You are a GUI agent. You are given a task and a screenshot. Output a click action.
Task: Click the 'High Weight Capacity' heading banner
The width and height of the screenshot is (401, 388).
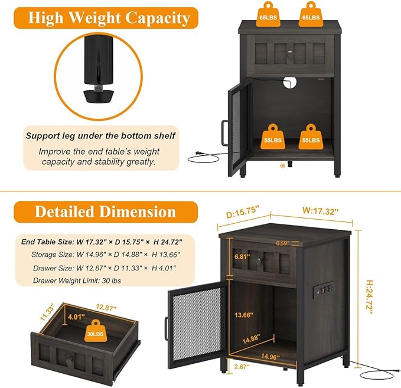(x=106, y=18)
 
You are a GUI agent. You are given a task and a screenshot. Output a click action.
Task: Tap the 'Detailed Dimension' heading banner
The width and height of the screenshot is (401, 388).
(x=106, y=212)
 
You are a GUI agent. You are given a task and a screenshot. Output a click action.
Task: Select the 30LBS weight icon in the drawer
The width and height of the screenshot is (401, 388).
(x=96, y=331)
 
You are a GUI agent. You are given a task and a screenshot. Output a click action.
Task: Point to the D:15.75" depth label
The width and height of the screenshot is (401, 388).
(x=243, y=213)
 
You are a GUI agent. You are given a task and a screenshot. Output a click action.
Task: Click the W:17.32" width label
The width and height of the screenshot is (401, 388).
(x=321, y=211)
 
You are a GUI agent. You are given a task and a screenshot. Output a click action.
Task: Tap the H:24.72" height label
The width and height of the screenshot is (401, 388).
(x=370, y=297)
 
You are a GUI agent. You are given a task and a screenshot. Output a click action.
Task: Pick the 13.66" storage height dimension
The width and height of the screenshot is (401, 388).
(x=244, y=315)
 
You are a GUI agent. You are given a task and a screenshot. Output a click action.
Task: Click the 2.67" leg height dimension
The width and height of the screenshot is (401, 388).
(x=242, y=367)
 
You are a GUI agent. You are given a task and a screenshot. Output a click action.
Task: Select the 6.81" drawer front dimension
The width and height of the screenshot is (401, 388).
(x=242, y=256)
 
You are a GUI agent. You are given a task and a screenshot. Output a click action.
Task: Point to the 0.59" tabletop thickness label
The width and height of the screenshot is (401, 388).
(x=283, y=243)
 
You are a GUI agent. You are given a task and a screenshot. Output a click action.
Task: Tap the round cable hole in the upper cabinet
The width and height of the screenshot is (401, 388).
(x=290, y=82)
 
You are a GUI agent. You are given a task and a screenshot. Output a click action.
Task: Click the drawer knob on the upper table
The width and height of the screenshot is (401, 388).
(x=290, y=53)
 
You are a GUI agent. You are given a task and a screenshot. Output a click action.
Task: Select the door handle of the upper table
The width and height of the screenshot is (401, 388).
(x=224, y=133)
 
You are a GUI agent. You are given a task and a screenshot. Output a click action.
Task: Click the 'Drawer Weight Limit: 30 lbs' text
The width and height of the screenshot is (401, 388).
(x=77, y=281)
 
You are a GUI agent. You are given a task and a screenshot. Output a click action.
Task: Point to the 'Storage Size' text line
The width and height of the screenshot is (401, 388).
(x=106, y=255)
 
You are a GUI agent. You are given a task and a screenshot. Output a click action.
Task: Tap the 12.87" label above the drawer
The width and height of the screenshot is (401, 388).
(x=106, y=307)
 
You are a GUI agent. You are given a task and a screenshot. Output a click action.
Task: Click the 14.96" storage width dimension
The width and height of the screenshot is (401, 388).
(x=270, y=356)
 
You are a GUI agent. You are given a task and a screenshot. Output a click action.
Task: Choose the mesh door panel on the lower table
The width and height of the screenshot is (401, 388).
(x=197, y=323)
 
